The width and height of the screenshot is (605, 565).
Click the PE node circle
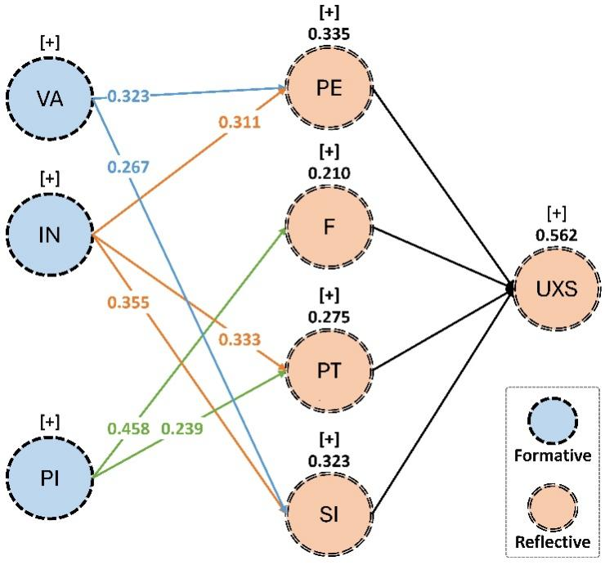[328, 87]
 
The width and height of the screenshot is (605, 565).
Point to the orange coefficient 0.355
[128, 303]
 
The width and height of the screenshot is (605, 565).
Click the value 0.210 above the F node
[327, 173]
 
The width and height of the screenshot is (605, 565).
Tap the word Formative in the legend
[553, 455]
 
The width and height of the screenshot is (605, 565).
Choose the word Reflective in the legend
[553, 541]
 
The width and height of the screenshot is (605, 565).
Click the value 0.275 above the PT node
[327, 315]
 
